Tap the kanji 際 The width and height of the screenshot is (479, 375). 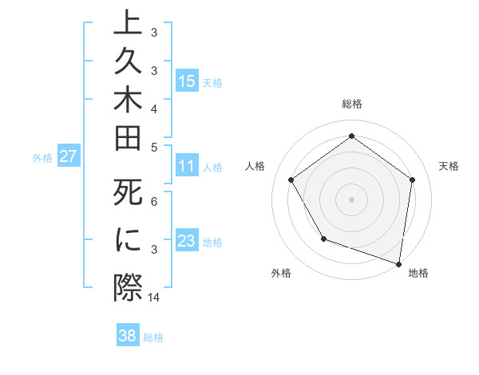[128, 286]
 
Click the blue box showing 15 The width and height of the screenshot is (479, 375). [187, 81]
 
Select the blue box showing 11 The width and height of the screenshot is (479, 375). [187, 167]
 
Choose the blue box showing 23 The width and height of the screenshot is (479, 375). [187, 241]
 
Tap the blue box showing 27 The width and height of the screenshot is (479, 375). [68, 156]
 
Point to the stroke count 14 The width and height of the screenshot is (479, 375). [155, 297]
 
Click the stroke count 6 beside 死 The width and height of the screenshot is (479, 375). [154, 203]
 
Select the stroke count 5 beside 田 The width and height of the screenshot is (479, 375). [154, 146]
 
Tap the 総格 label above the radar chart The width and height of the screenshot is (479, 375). [352, 104]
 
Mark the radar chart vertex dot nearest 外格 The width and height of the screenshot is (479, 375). [323, 239]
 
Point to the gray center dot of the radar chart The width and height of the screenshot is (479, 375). [352, 199]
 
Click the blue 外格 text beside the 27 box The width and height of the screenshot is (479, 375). [42, 157]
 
